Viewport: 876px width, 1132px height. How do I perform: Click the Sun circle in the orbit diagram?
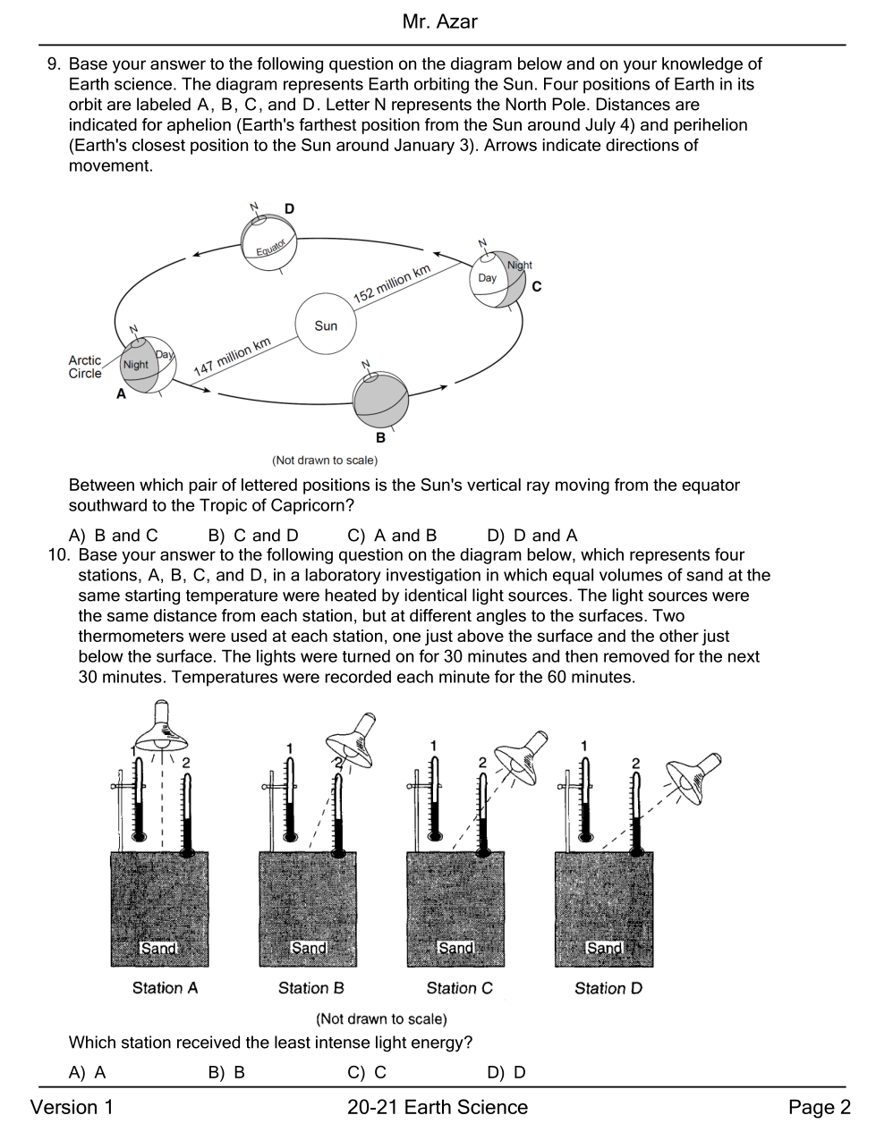[326, 324]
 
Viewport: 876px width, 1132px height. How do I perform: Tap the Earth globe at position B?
[381, 400]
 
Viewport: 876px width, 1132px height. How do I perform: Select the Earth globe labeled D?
[269, 242]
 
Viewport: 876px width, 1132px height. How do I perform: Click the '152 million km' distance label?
[392, 283]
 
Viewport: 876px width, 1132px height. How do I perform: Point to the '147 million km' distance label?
[233, 357]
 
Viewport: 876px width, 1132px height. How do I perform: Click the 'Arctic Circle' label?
[85, 367]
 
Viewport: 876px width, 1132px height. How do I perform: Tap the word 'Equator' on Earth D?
[271, 248]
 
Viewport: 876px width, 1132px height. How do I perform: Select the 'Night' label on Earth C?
[520, 266]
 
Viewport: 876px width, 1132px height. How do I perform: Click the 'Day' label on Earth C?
[488, 278]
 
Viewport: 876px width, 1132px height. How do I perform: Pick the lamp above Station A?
[162, 726]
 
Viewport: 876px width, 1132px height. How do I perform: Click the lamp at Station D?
[693, 777]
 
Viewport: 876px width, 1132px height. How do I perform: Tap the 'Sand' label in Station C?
[456, 947]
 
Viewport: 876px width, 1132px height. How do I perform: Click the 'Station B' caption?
[311, 988]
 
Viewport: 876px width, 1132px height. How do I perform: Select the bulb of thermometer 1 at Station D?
[586, 837]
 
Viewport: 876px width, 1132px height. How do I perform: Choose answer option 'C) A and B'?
[392, 535]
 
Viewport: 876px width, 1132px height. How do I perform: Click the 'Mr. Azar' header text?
[440, 21]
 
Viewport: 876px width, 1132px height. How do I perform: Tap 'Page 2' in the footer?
[820, 1106]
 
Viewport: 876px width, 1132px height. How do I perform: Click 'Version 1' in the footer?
[72, 1106]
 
